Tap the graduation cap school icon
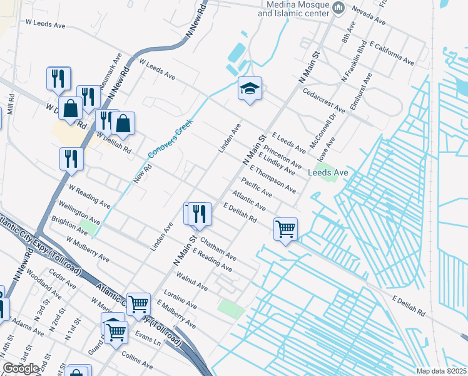[249, 89]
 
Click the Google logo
[21, 368]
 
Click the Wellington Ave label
[79, 212]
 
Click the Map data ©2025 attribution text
[442, 371]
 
